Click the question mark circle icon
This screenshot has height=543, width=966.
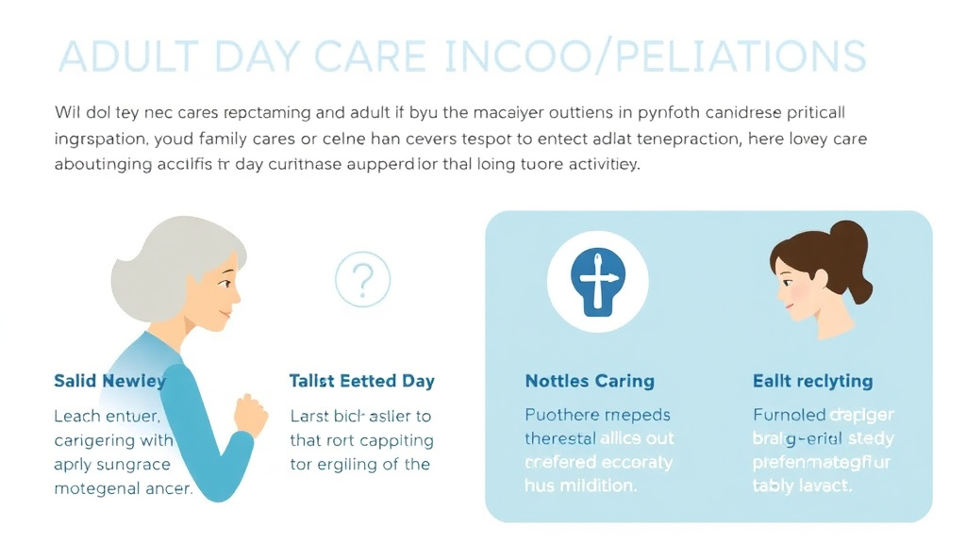pyautogui.click(x=363, y=279)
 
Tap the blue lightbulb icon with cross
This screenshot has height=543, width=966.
pyautogui.click(x=598, y=279)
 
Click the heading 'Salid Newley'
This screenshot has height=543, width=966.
pyautogui.click(x=109, y=381)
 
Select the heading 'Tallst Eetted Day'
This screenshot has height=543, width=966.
pyautogui.click(x=361, y=381)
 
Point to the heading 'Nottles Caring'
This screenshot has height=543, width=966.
pyautogui.click(x=589, y=381)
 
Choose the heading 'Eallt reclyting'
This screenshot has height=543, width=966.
pyautogui.click(x=812, y=381)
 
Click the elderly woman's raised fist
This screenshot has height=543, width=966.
pyautogui.click(x=250, y=416)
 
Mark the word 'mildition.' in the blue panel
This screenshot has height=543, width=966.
pyautogui.click(x=594, y=486)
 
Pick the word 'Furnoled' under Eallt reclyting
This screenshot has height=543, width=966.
pyautogui.click(x=789, y=414)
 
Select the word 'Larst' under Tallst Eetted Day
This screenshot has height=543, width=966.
pyautogui.click(x=309, y=416)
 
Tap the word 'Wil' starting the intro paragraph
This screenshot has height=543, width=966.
pyautogui.click(x=68, y=112)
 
